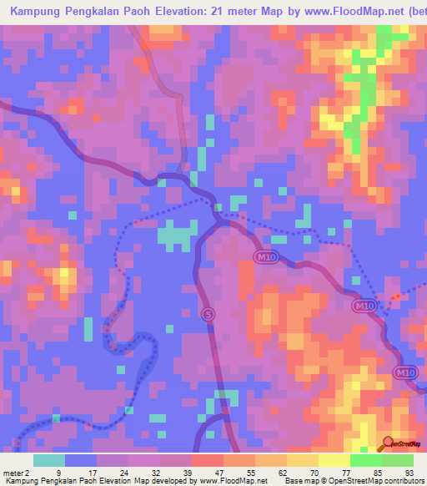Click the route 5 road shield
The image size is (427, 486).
207,314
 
